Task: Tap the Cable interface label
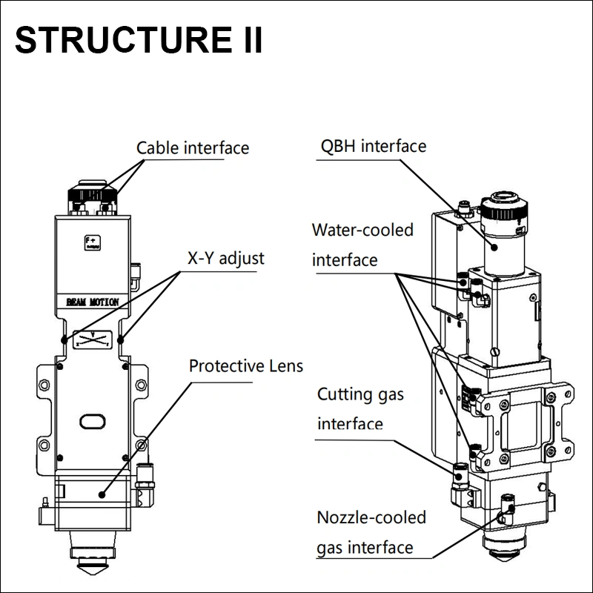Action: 193,148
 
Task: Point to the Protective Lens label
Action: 246,366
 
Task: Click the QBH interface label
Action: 373,145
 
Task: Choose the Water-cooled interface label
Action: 362,245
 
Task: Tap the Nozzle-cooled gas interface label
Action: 371,532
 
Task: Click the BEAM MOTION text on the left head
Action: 92,302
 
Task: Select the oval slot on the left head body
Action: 93,421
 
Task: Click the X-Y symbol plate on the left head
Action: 92,339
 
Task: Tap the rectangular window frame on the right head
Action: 525,423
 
